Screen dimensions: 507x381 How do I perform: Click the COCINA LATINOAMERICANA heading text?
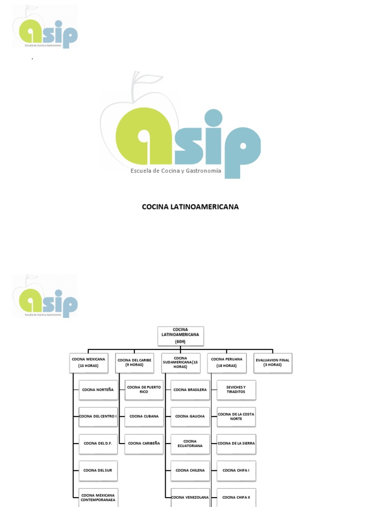tap(190, 206)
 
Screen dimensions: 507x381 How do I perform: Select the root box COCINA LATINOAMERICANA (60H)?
tap(180, 335)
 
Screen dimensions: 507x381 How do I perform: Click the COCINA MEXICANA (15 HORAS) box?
tap(88, 362)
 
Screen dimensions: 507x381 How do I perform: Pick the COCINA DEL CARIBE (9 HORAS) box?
tap(134, 362)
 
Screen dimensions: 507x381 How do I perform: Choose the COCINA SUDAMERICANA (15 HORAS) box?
tap(181, 362)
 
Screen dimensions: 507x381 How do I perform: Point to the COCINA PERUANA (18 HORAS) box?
tap(227, 362)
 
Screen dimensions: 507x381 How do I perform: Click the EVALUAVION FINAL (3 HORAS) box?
tap(272, 362)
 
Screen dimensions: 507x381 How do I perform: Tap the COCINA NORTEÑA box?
tap(98, 390)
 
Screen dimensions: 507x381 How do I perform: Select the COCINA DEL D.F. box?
tap(98, 444)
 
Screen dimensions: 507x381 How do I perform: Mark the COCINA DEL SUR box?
tap(98, 470)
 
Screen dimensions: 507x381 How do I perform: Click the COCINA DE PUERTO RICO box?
tap(144, 390)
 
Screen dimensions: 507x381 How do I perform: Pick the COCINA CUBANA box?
tap(144, 416)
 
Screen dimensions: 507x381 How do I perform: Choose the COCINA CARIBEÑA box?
tap(144, 444)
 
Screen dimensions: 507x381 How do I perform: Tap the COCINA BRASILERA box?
tap(190, 390)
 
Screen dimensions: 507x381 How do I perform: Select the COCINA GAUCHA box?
tap(190, 416)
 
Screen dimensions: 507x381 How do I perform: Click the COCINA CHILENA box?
tap(190, 470)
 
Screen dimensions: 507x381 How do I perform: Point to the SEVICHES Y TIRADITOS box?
tap(236, 390)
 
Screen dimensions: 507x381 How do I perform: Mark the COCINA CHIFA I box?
tap(236, 470)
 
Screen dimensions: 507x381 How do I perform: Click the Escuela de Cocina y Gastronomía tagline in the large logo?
tap(176, 171)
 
